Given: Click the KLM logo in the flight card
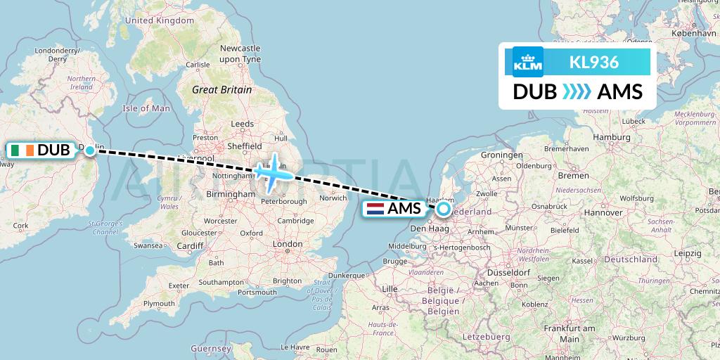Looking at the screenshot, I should click(x=527, y=61).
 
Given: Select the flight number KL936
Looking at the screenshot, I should click(x=594, y=62).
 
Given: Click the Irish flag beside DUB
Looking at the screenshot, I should click(x=22, y=150).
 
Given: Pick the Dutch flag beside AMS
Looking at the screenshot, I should click(x=375, y=208).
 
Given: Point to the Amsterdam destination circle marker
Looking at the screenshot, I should click(x=444, y=208).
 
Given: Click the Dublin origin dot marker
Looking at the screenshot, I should click(x=90, y=150).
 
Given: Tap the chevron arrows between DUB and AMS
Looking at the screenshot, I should click(x=577, y=92).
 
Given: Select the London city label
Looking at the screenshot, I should click(x=286, y=245).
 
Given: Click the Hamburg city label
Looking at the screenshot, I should click(x=611, y=138).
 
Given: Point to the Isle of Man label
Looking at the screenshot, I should click(x=146, y=108).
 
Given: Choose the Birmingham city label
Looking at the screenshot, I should click(x=230, y=194).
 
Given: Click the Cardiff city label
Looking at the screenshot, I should click(x=191, y=245).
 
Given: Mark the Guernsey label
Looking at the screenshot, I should click(x=211, y=348).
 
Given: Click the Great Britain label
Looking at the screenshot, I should click(x=221, y=90).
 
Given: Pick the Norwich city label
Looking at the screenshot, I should click(x=333, y=198).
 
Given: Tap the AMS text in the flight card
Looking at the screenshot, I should click(x=619, y=92).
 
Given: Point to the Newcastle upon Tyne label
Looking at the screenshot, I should click(x=240, y=53).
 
